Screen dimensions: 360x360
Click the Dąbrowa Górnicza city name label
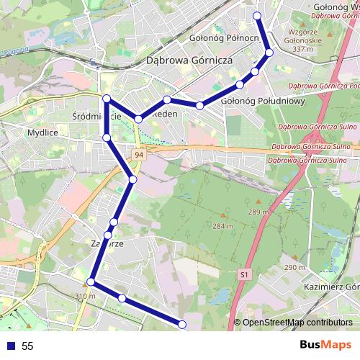pyautogui.click(x=189, y=61)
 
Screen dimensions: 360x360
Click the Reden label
pyautogui.click(x=165, y=114)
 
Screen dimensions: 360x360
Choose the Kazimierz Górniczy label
pyautogui.click(x=332, y=287)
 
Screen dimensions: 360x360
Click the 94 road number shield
pyautogui.click(x=138, y=154)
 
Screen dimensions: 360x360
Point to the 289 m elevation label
pyautogui.click(x=259, y=212)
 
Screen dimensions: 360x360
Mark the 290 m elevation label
pyautogui.click(x=295, y=268)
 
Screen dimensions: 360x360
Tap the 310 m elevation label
pyautogui.click(x=85, y=296)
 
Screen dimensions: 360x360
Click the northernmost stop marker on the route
pyautogui.click(x=258, y=15)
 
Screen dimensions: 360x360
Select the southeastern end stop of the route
pyautogui.click(x=181, y=324)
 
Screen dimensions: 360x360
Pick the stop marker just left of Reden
pyautogui.click(x=138, y=118)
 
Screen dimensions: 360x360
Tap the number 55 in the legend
pyautogui.click(x=27, y=346)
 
